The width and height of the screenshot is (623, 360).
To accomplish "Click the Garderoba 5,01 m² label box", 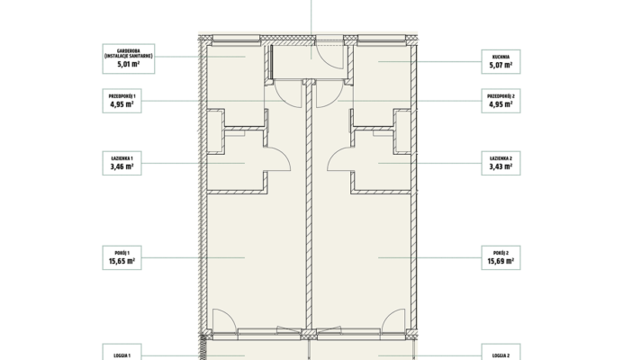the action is [129, 58].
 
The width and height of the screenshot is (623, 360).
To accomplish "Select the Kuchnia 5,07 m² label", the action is [501, 61].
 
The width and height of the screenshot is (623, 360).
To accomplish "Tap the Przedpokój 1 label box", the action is [122, 101].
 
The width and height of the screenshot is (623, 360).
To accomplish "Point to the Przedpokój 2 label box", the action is [501, 101].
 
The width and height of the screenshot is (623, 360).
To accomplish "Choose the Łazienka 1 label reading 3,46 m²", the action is [122, 163].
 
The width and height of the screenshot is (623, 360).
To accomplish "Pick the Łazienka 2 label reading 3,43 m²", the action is [501, 163].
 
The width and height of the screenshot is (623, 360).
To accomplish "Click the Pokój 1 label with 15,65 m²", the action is [122, 257].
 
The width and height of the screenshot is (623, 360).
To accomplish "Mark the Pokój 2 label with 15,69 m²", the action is [501, 257].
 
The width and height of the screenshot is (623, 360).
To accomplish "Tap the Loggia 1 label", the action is [122, 352].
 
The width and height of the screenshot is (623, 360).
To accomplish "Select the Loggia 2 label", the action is [501, 352].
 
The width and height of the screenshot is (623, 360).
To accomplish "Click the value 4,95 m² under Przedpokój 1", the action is [122, 104].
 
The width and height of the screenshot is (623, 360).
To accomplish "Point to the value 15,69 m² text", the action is [501, 262].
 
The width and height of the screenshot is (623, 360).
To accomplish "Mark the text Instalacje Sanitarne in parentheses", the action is [129, 56].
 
